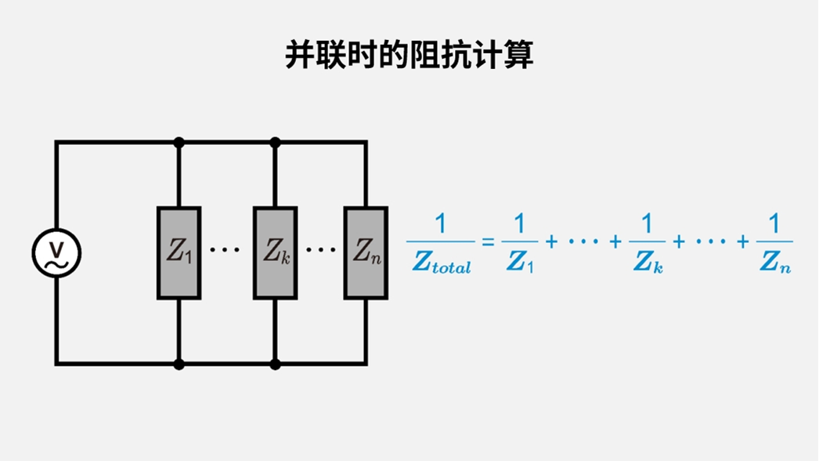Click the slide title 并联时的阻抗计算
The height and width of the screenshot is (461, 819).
409,56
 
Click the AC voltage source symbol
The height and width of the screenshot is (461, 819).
56,252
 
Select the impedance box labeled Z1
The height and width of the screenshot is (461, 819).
179,252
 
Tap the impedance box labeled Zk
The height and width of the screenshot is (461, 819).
275,252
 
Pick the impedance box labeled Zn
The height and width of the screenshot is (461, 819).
366,252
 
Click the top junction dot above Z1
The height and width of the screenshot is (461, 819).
179,143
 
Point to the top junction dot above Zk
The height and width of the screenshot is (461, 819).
275,143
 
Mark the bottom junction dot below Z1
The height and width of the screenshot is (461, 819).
179,364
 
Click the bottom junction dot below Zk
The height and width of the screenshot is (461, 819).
275,364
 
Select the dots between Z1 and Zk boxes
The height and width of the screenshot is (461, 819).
225,250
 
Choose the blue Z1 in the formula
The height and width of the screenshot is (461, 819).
520,263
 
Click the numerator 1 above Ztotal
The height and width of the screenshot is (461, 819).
440,225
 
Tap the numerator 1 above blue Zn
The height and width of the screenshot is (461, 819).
774,225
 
